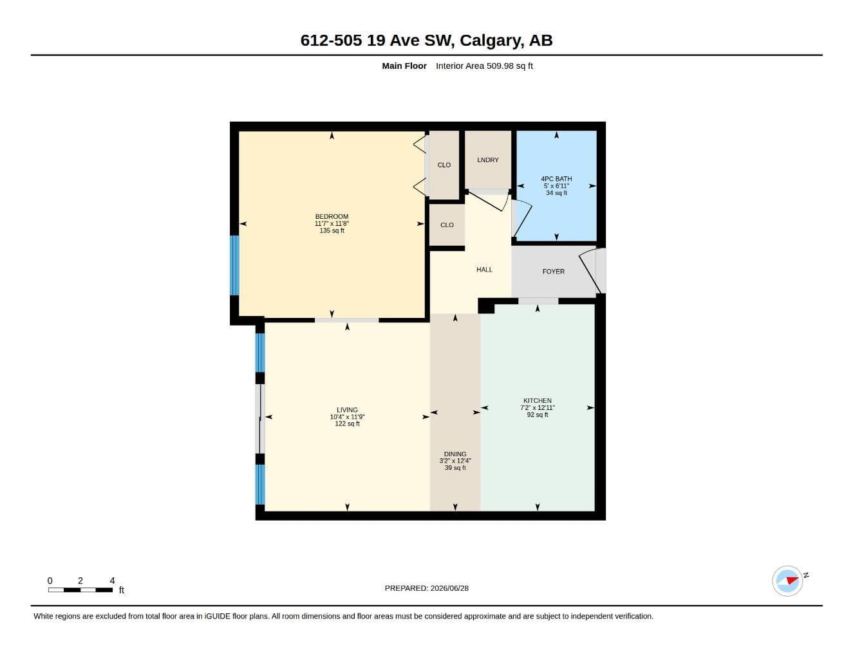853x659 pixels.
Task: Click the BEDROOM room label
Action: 332,216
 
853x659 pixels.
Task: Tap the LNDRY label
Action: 488,160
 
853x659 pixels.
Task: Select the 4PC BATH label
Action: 556,179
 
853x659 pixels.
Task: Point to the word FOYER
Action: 554,272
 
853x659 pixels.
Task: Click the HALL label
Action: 484,270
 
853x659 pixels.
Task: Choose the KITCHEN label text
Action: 538,400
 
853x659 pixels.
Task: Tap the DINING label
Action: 455,454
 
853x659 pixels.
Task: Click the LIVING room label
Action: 347,410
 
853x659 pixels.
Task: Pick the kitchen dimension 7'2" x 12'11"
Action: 538,407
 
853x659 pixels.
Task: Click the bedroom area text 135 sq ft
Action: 332,230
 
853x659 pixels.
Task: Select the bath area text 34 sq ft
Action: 556,193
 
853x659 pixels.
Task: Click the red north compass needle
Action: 792,580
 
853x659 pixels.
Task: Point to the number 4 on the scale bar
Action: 112,580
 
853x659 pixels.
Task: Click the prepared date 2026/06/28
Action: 449,588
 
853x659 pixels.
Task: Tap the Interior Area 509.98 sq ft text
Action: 484,66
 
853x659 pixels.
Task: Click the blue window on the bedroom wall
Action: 234,265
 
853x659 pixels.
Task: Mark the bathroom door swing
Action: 523,219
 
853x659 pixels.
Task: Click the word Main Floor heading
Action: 404,66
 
